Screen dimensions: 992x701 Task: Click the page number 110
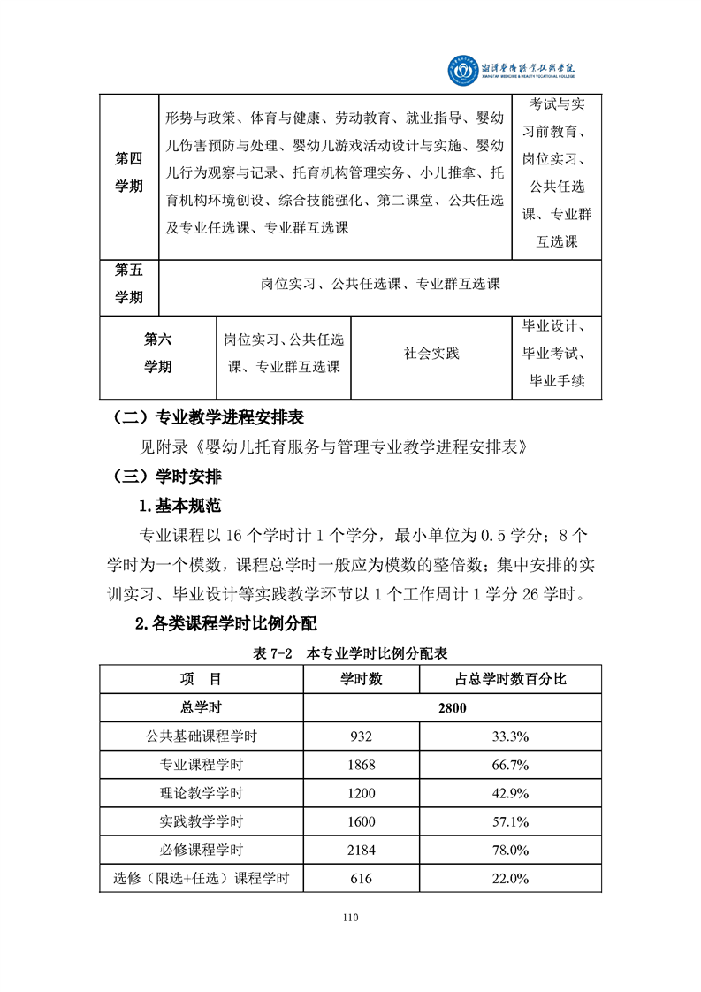pyautogui.click(x=350, y=918)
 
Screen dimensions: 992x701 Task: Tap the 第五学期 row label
pyautogui.click(x=129, y=284)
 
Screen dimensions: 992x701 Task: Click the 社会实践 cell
pyautogui.click(x=431, y=354)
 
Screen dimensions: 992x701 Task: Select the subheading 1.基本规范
pyautogui.click(x=179, y=507)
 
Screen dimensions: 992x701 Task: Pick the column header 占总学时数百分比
pyautogui.click(x=510, y=679)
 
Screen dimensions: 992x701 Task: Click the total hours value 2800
pyautogui.click(x=452, y=707)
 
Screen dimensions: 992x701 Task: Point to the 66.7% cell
pyautogui.click(x=510, y=764)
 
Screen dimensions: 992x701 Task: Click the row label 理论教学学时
pyautogui.click(x=201, y=793)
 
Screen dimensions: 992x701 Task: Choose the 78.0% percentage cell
pyautogui.click(x=510, y=850)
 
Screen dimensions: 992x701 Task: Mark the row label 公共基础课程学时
pyautogui.click(x=201, y=736)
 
